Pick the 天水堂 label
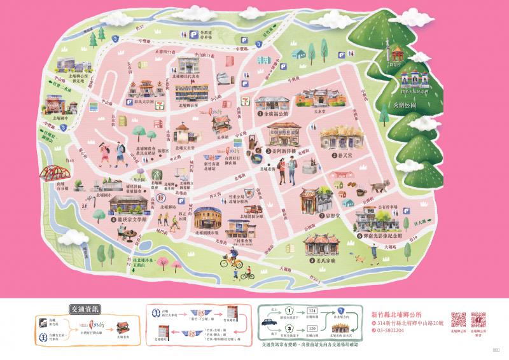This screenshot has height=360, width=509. coord(308,110)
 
